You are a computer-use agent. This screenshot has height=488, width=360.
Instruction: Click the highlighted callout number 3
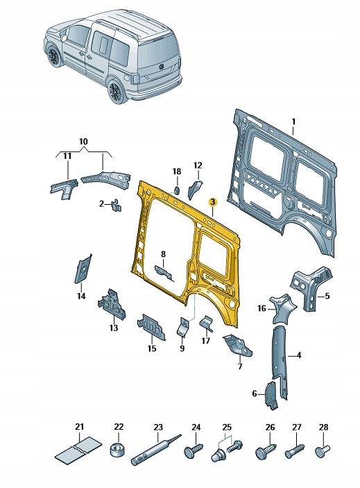click(x=213, y=201)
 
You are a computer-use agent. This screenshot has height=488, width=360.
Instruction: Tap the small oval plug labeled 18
click(x=176, y=190)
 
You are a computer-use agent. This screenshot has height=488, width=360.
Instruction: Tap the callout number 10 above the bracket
click(x=83, y=142)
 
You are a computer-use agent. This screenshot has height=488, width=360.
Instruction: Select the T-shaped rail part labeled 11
click(x=63, y=187)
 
